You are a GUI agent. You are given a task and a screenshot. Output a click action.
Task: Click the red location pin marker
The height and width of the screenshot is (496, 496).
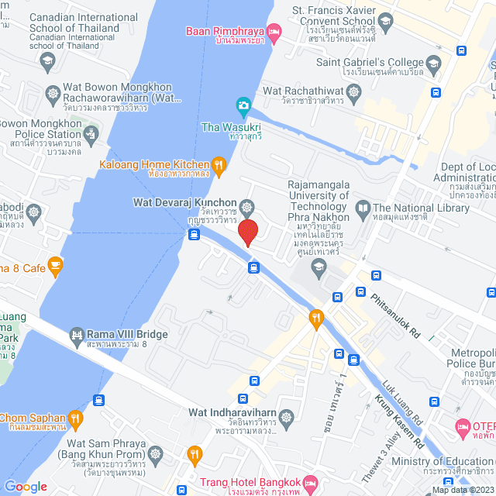248,232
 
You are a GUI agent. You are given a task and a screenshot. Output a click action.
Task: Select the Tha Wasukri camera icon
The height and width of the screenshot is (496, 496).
243,105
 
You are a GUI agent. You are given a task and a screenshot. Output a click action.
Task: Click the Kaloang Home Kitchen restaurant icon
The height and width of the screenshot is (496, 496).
219,164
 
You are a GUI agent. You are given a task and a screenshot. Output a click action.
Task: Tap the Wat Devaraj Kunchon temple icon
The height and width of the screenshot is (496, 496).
246,206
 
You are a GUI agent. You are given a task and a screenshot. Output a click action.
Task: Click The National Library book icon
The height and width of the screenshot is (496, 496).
363,208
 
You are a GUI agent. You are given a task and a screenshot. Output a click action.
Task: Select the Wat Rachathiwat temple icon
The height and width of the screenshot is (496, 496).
354,91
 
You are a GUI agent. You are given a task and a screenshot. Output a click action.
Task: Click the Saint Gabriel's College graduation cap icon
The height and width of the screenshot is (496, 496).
433,63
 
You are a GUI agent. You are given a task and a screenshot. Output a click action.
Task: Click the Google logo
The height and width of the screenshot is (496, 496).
26,486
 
